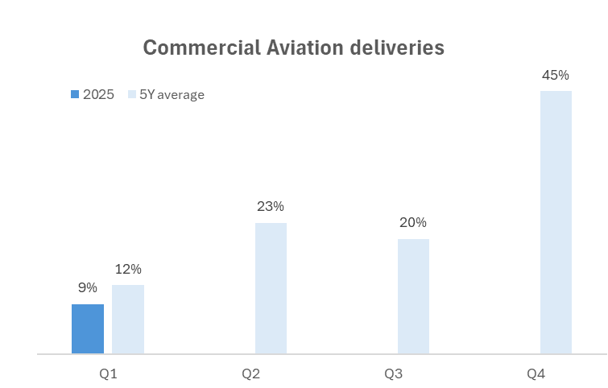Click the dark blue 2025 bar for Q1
coord(88,328)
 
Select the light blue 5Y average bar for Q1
coord(128,319)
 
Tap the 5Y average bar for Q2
coord(271,288)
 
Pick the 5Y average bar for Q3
coord(413,296)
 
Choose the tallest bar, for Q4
coord(556,222)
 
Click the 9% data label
coord(88,287)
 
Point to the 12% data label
coord(128,269)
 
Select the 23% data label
coord(271,206)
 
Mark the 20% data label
coord(413,222)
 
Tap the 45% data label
coord(556,75)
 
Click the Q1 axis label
coord(108,374)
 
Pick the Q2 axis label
coord(251,374)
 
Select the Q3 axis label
coord(394,374)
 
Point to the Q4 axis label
coord(536,374)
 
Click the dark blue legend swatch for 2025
coord(75,94)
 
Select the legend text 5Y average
coord(172,94)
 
